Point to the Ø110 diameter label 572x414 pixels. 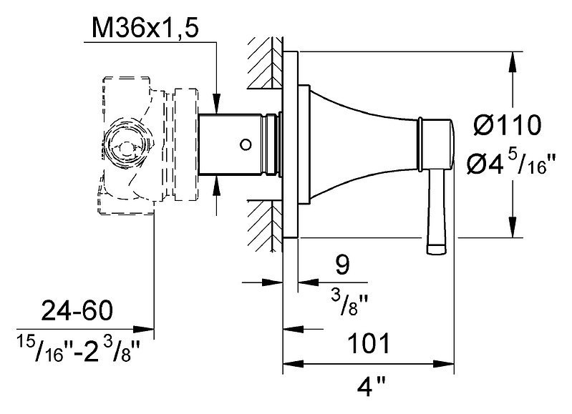point(508,124)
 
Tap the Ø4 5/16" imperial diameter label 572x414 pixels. point(510,163)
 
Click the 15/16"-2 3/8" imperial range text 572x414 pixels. point(79,350)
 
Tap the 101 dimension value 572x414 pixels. point(369,343)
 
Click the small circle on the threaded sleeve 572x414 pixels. point(246,144)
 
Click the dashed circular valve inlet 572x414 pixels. point(126,143)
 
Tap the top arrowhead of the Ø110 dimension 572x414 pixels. point(513,62)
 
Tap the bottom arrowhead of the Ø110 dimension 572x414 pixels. point(513,227)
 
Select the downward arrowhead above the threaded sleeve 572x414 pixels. point(217,104)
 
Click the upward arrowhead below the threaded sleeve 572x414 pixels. point(217,186)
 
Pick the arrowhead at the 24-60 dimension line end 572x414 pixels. point(144,329)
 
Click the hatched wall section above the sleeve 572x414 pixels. point(265,62)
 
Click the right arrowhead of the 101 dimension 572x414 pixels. point(444,363)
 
